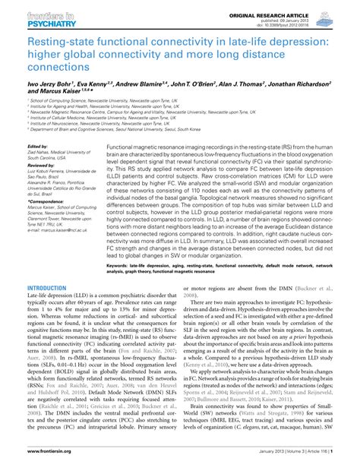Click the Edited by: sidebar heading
tap(38, 146)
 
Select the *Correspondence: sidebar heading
tap(46, 199)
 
